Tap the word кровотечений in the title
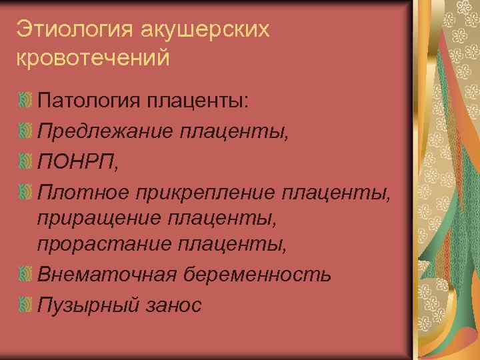coord(93,57)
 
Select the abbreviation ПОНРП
coord(76,161)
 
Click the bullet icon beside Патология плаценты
coord(25,101)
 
